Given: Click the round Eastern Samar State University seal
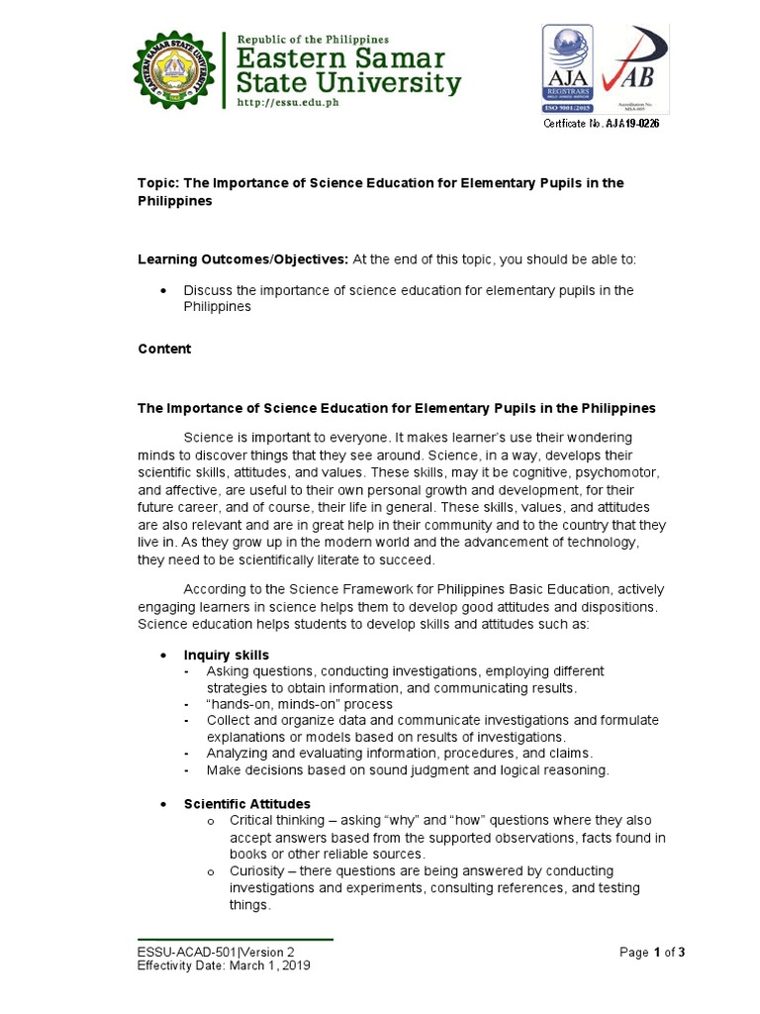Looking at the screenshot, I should pyautogui.click(x=174, y=70).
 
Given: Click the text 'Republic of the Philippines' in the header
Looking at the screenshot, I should pyautogui.click(x=312, y=39).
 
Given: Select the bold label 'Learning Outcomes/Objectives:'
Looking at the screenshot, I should pyautogui.click(x=242, y=259).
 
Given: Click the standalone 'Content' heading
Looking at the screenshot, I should pyautogui.click(x=164, y=350).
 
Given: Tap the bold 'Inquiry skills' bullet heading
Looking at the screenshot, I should pyautogui.click(x=226, y=656).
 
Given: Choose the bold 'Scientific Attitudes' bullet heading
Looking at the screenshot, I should pyautogui.click(x=246, y=803).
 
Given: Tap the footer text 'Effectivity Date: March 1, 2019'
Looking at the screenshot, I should pyautogui.click(x=224, y=966).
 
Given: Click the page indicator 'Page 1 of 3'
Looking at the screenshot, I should pyautogui.click(x=652, y=953).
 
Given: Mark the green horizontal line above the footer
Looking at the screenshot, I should pyautogui.click(x=236, y=939).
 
